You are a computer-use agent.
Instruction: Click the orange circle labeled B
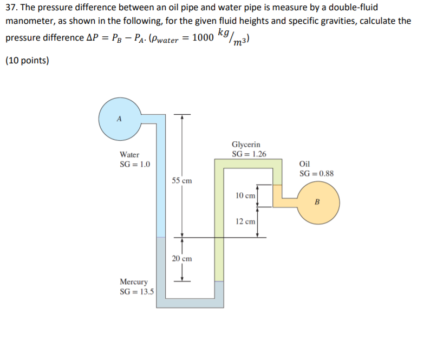coord(318,202)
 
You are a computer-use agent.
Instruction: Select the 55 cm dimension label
coord(182,180)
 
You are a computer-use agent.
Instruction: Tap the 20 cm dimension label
coord(182,259)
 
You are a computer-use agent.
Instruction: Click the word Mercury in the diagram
coord(133,282)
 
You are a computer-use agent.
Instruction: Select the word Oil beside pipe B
coord(305,164)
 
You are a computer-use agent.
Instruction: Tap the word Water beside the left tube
coord(130,155)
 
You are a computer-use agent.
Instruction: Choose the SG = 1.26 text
coord(249,154)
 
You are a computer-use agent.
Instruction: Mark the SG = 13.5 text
coord(136,291)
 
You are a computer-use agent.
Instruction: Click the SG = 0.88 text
coord(316,173)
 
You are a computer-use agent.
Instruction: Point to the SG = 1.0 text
coord(135,164)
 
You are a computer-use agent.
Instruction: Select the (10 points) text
coord(27,60)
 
